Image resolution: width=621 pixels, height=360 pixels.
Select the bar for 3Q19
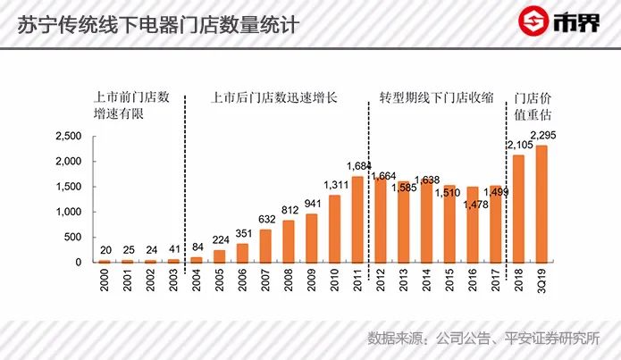click(x=541, y=204)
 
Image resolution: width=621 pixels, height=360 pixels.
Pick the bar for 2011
click(x=357, y=219)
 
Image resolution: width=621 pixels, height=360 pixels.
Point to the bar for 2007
click(x=266, y=246)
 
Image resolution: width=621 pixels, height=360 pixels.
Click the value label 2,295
click(x=544, y=136)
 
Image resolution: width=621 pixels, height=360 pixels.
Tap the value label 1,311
click(x=334, y=185)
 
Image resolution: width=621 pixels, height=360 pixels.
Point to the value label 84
click(x=197, y=247)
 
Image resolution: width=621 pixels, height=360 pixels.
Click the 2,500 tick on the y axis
click(x=67, y=136)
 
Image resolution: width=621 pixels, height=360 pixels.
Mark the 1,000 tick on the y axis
click(x=67, y=212)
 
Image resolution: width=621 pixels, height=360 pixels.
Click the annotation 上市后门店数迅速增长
click(x=273, y=96)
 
